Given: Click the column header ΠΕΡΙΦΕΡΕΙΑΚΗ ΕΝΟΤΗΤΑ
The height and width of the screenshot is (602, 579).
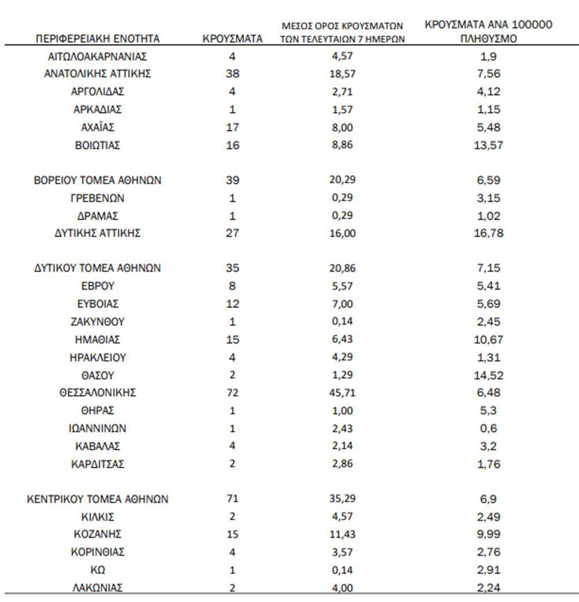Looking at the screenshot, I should pyautogui.click(x=97, y=39).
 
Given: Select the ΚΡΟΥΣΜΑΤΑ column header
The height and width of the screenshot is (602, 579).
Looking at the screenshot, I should pyautogui.click(x=233, y=39).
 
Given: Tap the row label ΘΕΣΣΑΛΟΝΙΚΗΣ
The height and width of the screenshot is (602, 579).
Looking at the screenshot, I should pyautogui.click(x=97, y=393).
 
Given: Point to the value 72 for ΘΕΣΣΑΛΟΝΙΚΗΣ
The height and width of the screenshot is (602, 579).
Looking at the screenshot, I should pyautogui.click(x=233, y=393).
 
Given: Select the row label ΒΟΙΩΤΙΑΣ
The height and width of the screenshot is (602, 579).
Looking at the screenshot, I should pyautogui.click(x=97, y=145).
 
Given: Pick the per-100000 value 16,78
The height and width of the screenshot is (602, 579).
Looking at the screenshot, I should pyautogui.click(x=489, y=234).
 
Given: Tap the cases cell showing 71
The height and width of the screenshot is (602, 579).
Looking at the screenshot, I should pyautogui.click(x=233, y=498).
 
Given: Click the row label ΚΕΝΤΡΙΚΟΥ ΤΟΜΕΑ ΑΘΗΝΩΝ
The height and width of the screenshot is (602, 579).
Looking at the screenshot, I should pyautogui.click(x=97, y=498).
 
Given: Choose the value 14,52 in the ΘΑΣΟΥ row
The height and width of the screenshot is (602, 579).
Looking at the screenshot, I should pyautogui.click(x=489, y=375).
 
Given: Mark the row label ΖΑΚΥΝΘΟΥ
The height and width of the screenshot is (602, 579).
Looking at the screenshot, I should pyautogui.click(x=97, y=322).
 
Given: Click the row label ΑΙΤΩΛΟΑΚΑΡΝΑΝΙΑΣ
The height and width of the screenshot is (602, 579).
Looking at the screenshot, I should pyautogui.click(x=97, y=57).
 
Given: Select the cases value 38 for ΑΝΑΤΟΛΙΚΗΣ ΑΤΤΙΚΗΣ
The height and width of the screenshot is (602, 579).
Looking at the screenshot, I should pyautogui.click(x=233, y=74).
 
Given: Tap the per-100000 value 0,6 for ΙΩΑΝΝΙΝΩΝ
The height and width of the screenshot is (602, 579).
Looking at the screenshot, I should pyautogui.click(x=489, y=429).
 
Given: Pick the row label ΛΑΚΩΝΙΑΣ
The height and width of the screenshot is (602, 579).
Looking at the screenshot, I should pyautogui.click(x=97, y=588).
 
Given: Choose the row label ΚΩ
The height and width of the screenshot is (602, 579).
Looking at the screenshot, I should pyautogui.click(x=97, y=570).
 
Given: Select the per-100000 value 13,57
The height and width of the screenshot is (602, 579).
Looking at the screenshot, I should pyautogui.click(x=489, y=145).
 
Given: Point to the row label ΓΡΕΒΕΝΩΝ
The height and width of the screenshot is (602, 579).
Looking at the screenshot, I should pyautogui.click(x=97, y=198).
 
